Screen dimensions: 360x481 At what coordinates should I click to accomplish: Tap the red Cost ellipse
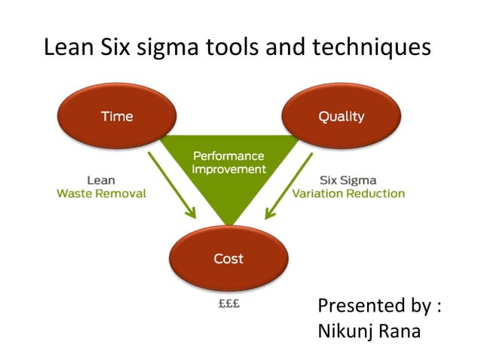pyautogui.click(x=228, y=258)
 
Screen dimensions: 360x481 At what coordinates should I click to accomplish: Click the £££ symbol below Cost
pyautogui.click(x=228, y=307)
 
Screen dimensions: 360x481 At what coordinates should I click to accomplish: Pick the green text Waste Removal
pyautogui.click(x=101, y=194)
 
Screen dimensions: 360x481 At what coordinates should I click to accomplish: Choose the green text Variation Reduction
pyautogui.click(x=348, y=194)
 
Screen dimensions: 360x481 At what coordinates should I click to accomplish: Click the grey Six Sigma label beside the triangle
pyautogui.click(x=348, y=181)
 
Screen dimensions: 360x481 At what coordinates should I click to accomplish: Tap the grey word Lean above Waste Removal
pyautogui.click(x=101, y=181)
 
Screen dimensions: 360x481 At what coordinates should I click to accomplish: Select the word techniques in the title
pyautogui.click(x=374, y=47)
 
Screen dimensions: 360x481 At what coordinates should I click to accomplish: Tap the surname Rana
pyautogui.click(x=400, y=331)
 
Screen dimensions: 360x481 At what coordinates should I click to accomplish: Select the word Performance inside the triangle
pyautogui.click(x=228, y=156)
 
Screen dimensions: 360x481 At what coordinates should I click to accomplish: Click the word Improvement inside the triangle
pyautogui.click(x=228, y=169)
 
